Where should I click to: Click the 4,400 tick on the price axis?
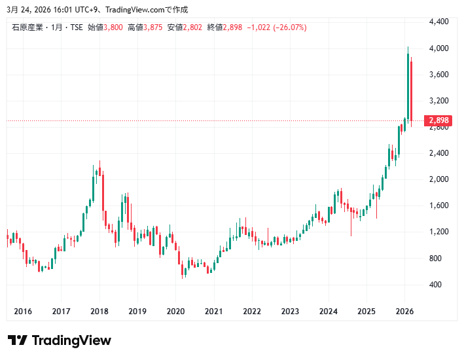(x=438, y=22)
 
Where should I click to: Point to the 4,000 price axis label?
(x=438, y=48)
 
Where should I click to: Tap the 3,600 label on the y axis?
(x=438, y=75)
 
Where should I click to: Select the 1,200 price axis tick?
(x=438, y=232)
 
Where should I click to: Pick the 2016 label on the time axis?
(x=23, y=312)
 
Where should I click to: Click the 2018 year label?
(x=99, y=312)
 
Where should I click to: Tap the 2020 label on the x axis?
(x=175, y=312)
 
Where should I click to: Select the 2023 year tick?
(x=290, y=312)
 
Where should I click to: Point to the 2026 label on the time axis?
(x=404, y=312)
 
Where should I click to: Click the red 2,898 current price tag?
(x=438, y=120)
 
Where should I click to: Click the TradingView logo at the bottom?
(x=60, y=340)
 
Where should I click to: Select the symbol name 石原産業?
(x=27, y=27)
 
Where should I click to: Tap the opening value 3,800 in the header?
(x=113, y=27)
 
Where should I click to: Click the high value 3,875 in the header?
(x=153, y=27)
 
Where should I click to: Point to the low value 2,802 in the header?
(x=193, y=27)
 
